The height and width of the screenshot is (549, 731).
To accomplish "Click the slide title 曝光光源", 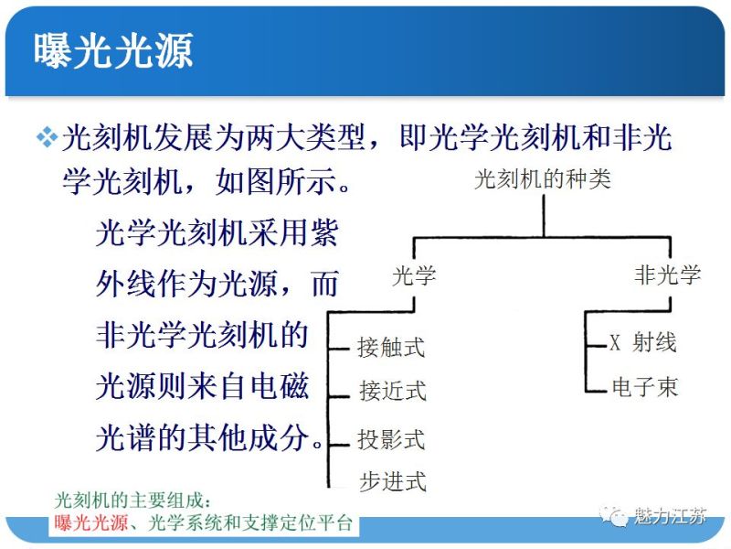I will pyautogui.click(x=113, y=51).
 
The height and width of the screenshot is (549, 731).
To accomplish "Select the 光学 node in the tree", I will pyautogui.click(x=413, y=275).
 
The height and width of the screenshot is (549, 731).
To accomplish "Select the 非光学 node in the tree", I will pyautogui.click(x=667, y=275).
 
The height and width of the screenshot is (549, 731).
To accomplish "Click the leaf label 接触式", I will pyautogui.click(x=391, y=348).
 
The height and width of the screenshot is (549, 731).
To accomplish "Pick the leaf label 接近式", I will pyautogui.click(x=392, y=392).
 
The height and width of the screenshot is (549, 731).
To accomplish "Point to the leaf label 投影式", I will pyautogui.click(x=391, y=439).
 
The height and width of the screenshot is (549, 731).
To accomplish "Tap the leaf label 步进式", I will pyautogui.click(x=392, y=481).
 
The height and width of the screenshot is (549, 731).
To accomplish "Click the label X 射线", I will pyautogui.click(x=643, y=343).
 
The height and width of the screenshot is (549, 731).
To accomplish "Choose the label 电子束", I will pyautogui.click(x=644, y=388).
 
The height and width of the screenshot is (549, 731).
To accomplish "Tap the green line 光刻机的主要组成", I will pyautogui.click(x=133, y=501).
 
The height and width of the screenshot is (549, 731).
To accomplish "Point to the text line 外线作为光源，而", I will pyautogui.click(x=217, y=285).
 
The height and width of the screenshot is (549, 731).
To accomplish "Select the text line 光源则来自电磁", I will pyautogui.click(x=202, y=387).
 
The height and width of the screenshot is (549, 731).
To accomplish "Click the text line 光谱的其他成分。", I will pyautogui.click(x=209, y=438).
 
